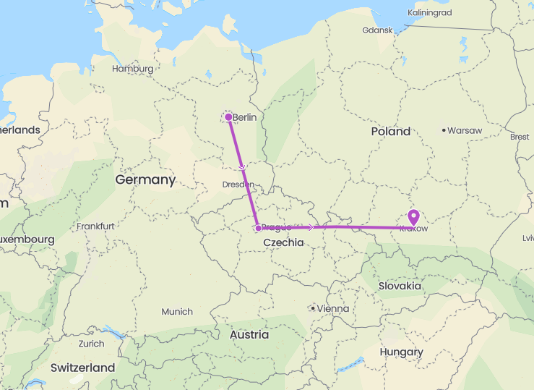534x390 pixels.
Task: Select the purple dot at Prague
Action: [x=258, y=228]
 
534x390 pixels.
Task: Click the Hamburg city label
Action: [x=133, y=69]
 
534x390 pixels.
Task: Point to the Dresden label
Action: [x=238, y=185]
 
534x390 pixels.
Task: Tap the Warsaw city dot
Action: [x=444, y=130]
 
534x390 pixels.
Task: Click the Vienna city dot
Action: [x=312, y=308]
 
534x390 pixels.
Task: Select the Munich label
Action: [x=177, y=312]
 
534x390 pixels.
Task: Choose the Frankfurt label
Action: [x=97, y=226]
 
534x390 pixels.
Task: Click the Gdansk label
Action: [x=378, y=30]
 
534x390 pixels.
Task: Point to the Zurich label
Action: [x=92, y=344]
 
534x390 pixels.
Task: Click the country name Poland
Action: [x=390, y=132]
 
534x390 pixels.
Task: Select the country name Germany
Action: [x=145, y=180]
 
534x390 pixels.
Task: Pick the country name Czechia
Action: [x=283, y=242]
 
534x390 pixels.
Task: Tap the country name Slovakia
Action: [x=400, y=286]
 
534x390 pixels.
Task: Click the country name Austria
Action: [x=249, y=335]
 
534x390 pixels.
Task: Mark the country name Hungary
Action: [x=401, y=352]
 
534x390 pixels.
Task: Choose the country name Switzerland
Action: [x=82, y=368]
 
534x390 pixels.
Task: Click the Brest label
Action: [x=519, y=136]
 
